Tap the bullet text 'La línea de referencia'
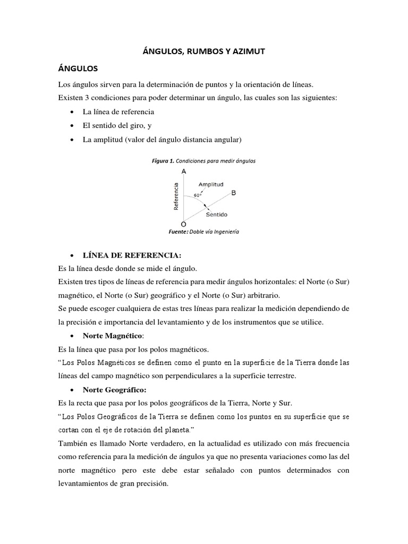118,112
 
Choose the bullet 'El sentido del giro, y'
117,126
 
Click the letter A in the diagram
183,172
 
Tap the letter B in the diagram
233,193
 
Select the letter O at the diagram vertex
183,225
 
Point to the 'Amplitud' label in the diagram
210,184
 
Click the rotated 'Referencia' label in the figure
176,197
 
